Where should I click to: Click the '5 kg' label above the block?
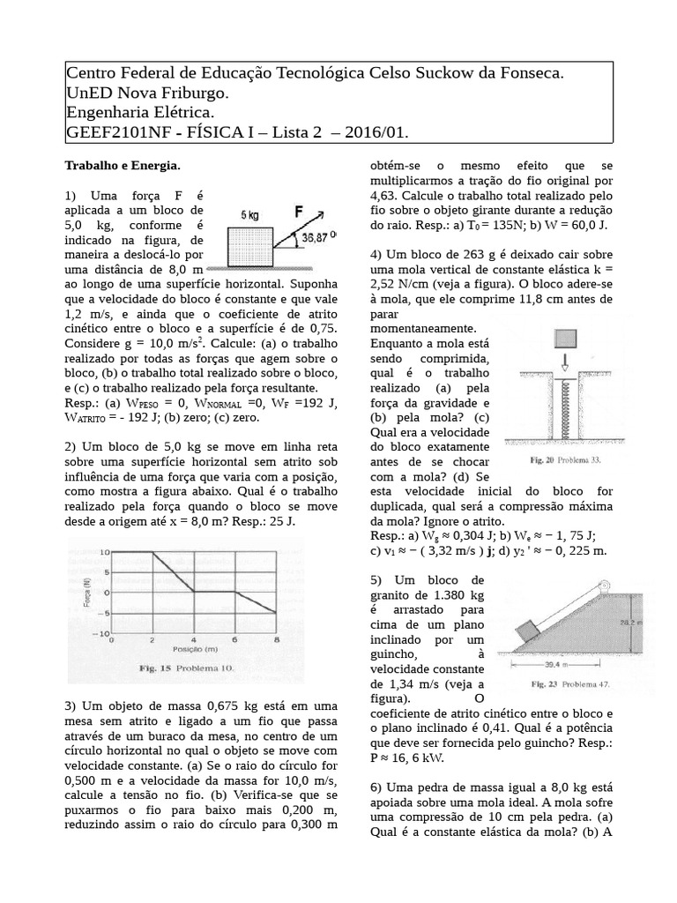(x=250, y=214)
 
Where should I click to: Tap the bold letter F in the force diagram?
(x=301, y=213)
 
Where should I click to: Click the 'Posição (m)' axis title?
(x=196, y=649)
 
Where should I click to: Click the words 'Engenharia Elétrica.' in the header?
(x=140, y=112)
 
